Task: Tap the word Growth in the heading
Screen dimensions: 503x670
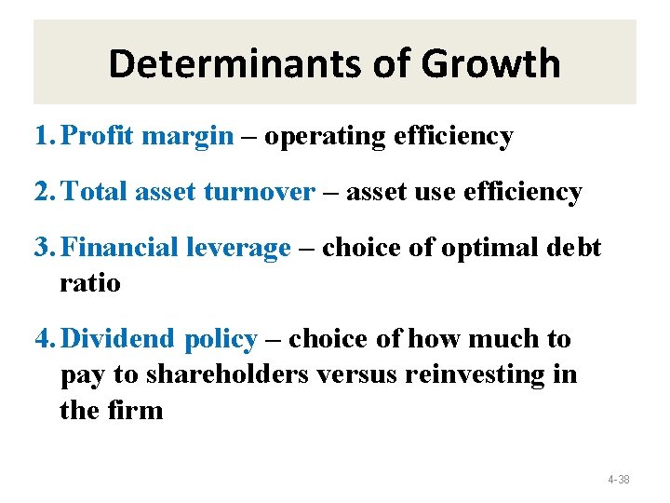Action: click(490, 64)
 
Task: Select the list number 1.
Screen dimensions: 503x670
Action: click(42, 137)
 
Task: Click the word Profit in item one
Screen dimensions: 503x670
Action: click(100, 137)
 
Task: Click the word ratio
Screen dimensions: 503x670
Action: click(90, 282)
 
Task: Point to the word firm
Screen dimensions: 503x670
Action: click(137, 410)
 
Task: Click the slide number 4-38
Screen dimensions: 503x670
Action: click(618, 480)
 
